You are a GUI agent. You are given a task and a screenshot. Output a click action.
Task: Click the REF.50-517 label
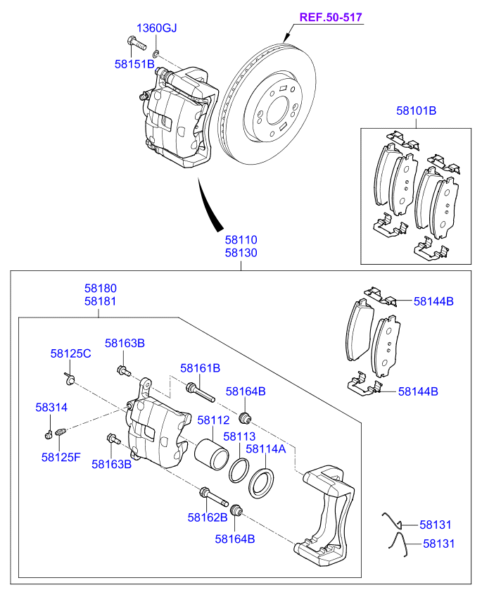pos(332,17)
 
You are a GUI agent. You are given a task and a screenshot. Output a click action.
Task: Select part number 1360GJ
pos(156,29)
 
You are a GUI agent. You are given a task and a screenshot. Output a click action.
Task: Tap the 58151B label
pos(134,64)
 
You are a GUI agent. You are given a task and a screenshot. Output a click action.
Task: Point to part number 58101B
pos(416,111)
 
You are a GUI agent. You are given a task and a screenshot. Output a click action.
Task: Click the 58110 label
pos(241,241)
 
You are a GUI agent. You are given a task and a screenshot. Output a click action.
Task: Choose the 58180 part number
pos(101,289)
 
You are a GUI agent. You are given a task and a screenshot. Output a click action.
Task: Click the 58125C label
pos(70,353)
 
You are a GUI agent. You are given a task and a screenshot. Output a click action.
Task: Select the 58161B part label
pos(200,368)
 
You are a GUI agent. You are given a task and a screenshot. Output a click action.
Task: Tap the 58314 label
pos(52,408)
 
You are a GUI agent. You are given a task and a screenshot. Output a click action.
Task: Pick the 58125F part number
pos(61,457)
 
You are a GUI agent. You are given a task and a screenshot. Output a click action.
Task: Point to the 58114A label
pos(266,448)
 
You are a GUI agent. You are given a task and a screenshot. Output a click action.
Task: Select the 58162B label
pos(207,517)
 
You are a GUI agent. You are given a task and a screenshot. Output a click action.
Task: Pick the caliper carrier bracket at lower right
pos(327,514)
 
